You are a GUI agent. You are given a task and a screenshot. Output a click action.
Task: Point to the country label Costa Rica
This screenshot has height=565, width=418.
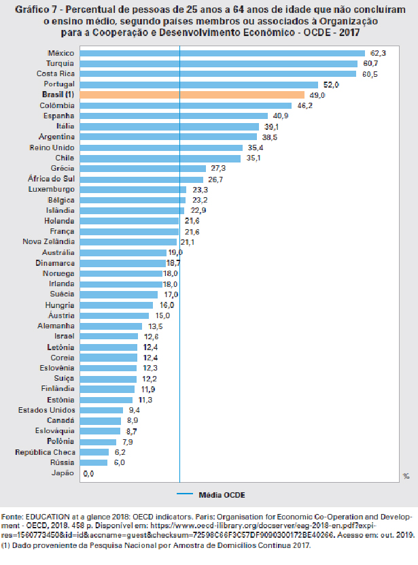pos(56,74)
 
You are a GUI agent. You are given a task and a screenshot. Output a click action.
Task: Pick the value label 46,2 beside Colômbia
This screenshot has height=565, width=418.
pos(304,106)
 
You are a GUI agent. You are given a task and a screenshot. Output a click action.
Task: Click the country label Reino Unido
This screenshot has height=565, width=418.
pos(52,148)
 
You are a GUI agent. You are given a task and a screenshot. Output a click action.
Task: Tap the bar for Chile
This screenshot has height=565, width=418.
pos(160,158)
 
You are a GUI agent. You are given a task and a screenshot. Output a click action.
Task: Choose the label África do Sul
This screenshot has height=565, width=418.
pos(54,179)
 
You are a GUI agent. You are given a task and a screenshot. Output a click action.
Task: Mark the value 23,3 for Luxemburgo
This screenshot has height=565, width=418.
pos(200,190)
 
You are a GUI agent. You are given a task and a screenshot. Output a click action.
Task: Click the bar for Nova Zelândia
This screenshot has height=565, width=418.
pos(128,242)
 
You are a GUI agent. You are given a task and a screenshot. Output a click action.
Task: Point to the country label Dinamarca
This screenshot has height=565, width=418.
pos(55,263)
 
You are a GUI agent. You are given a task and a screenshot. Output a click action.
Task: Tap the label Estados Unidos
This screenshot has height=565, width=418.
pos(47,410)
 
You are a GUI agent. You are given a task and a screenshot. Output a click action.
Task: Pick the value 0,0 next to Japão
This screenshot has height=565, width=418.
pos(88,473)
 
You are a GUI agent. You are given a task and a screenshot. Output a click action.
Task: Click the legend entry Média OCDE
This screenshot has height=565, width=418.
pos(221,494)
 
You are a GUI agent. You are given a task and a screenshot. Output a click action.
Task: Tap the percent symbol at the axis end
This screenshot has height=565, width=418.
pos(406,477)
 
